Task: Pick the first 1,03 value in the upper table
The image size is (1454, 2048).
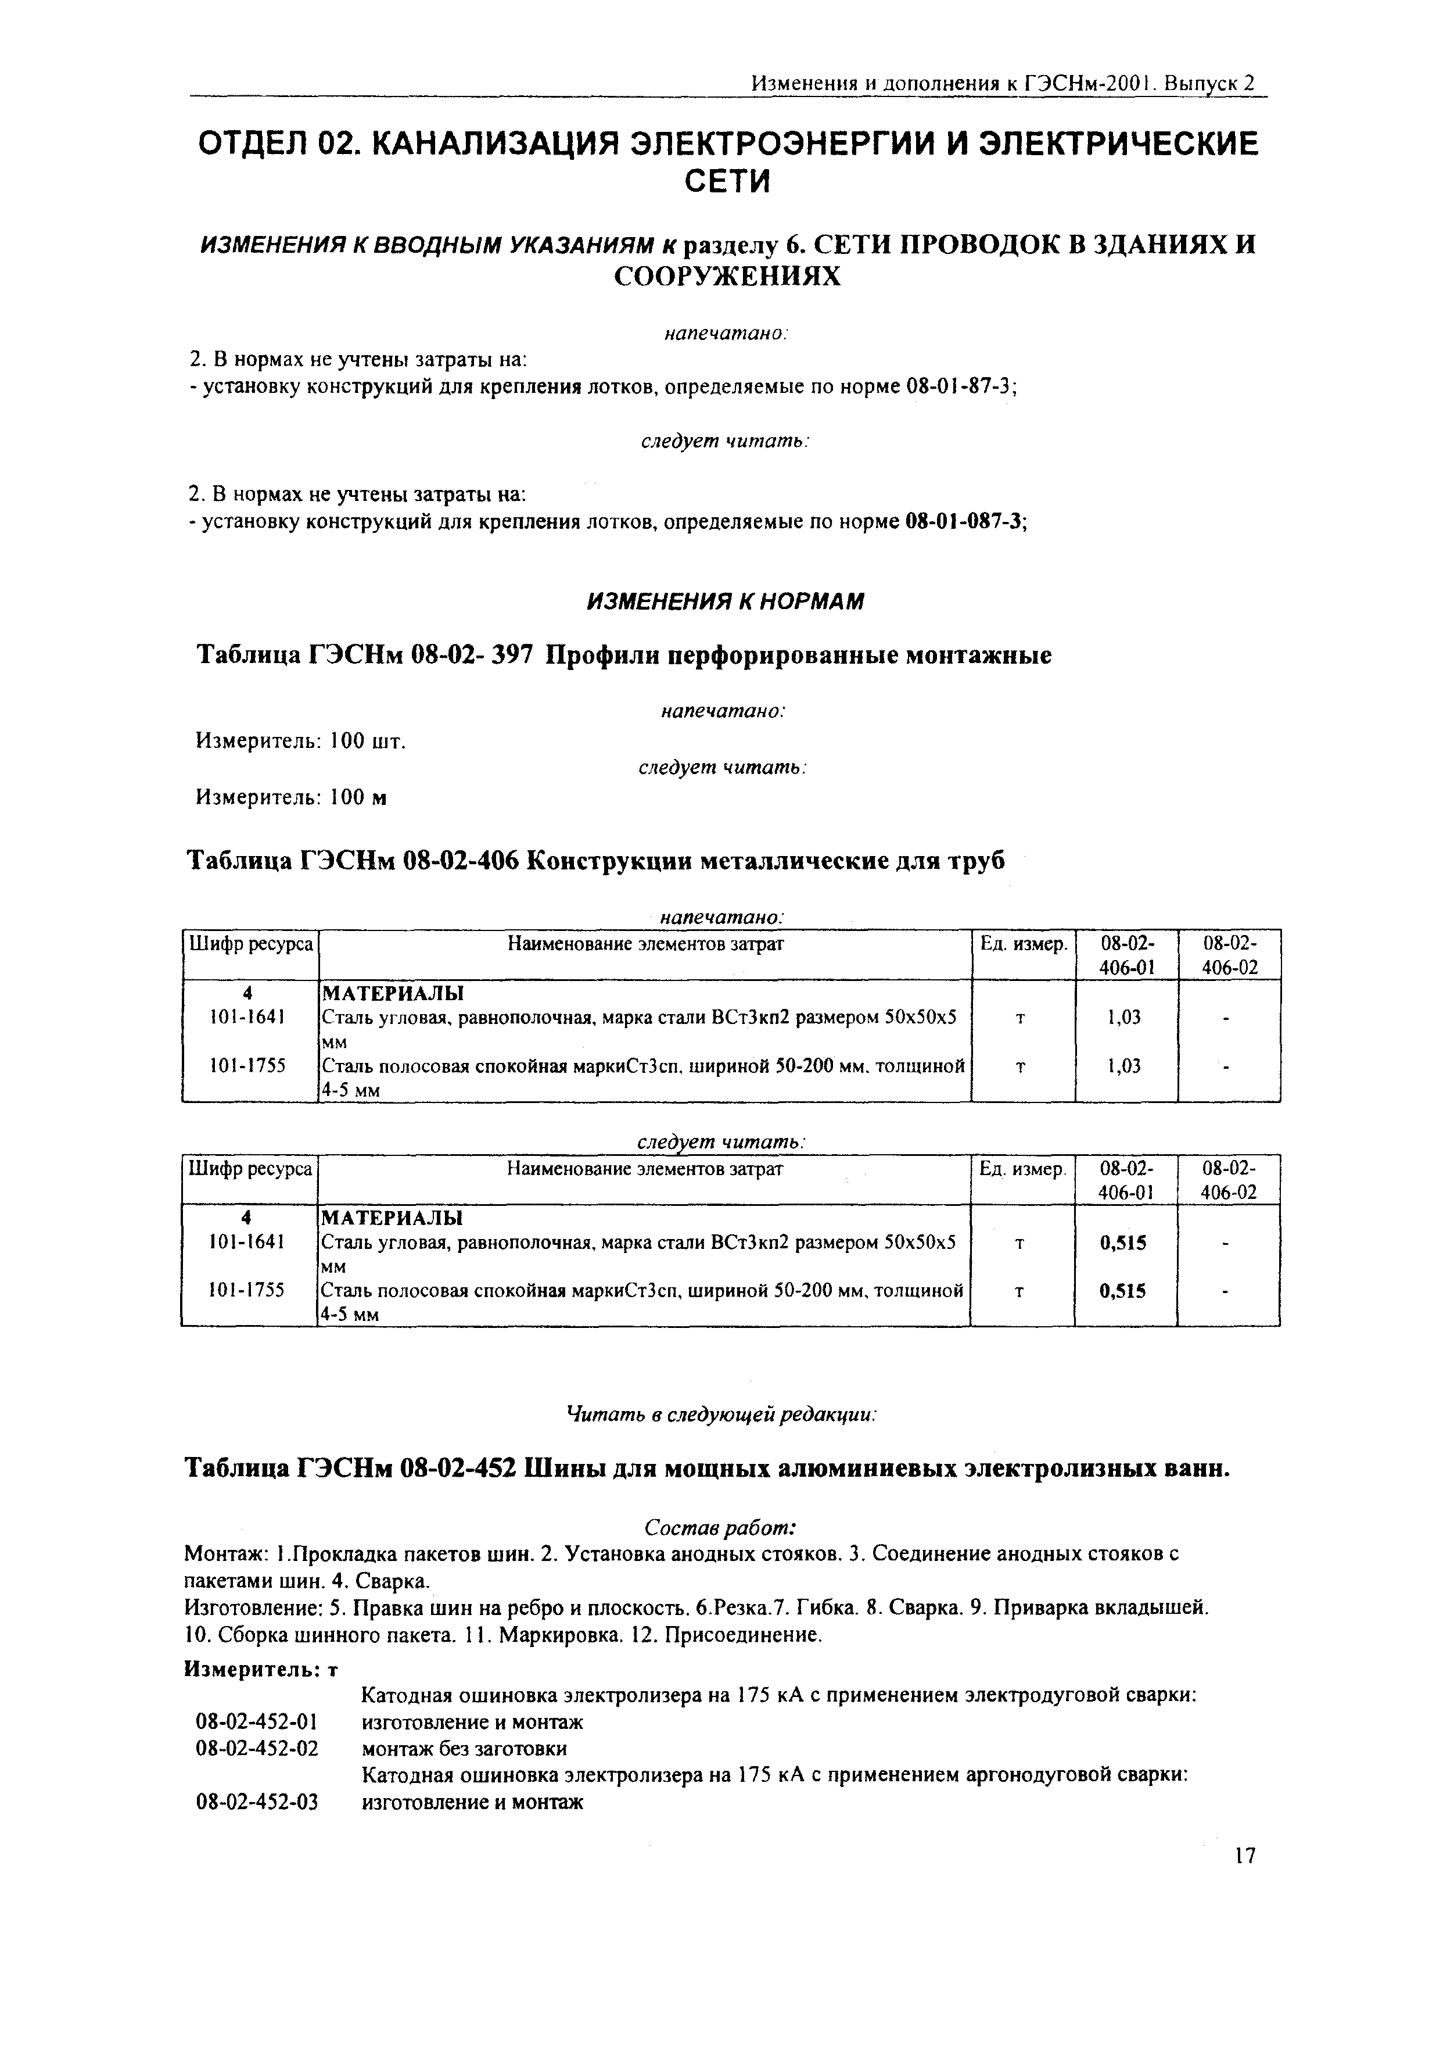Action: coord(1125,1017)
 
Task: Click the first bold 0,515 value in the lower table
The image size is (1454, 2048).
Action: coord(1125,1243)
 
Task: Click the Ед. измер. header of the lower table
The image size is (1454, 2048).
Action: coord(1022,1169)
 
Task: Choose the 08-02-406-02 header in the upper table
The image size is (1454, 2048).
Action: coord(1229,955)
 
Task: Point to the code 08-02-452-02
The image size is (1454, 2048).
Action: coord(257,1748)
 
